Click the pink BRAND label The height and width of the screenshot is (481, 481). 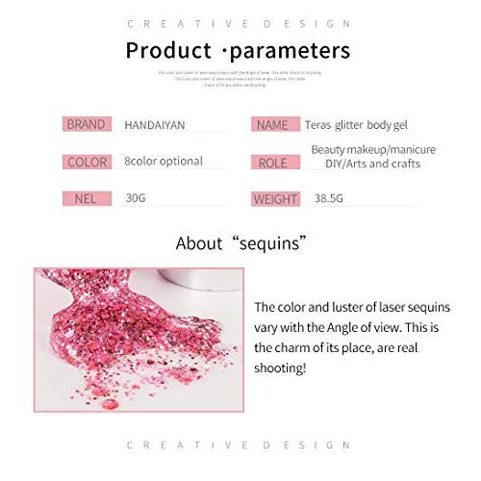click(86, 124)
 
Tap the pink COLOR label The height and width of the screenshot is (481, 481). click(86, 162)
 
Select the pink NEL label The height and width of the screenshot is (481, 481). click(86, 199)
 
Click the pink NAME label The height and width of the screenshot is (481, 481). click(272, 124)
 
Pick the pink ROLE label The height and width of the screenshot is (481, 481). click(272, 163)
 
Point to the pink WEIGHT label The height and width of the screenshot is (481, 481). click(275, 200)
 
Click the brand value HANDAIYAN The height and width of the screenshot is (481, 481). click(156, 124)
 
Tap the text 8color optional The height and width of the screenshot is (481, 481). click(164, 162)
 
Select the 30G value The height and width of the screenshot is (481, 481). click(136, 198)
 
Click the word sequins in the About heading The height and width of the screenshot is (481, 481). click(272, 243)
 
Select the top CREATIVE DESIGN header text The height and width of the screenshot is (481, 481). click(240, 23)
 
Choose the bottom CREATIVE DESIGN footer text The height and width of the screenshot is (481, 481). click(240, 445)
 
